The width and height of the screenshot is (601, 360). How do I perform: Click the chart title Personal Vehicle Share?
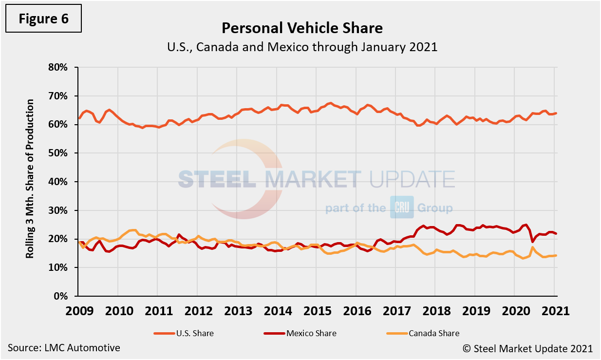click(x=302, y=28)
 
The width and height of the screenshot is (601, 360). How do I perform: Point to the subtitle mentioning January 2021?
click(x=302, y=48)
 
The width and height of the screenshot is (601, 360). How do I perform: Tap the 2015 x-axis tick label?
click(x=316, y=311)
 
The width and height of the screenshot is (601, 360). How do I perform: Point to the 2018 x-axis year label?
click(x=435, y=311)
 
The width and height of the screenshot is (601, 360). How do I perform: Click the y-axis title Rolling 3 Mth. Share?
click(x=30, y=179)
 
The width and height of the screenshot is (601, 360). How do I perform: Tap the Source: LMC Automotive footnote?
click(x=64, y=348)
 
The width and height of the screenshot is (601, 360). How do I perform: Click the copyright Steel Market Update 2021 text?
click(x=527, y=348)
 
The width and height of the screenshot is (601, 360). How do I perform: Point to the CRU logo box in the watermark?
click(x=401, y=207)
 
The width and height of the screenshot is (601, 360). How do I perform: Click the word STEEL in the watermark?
click(x=217, y=179)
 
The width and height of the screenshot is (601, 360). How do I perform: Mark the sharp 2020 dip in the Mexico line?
click(x=532, y=241)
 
